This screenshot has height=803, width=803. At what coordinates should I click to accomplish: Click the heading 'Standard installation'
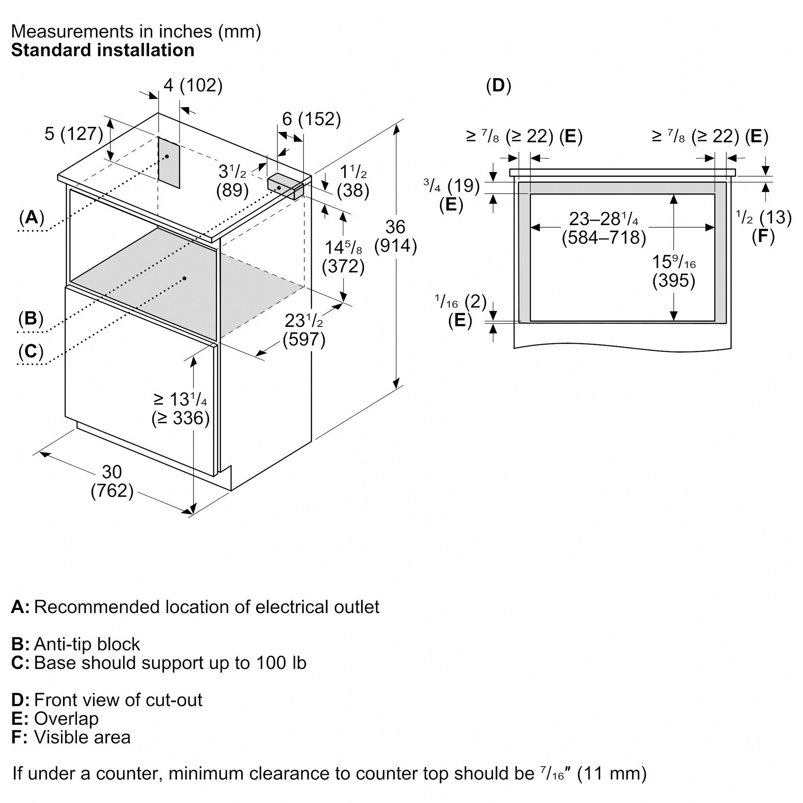[x=103, y=50]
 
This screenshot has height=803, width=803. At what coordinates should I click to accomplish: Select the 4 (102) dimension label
[x=193, y=85]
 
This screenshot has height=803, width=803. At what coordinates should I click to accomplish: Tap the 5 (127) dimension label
[x=73, y=134]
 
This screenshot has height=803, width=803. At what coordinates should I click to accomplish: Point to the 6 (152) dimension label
[x=311, y=119]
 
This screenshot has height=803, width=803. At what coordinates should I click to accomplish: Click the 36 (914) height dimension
[x=395, y=236]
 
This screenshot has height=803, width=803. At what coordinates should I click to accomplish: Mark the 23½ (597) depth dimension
[x=304, y=330]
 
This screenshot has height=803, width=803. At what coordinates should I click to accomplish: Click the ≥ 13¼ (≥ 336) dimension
[x=180, y=409]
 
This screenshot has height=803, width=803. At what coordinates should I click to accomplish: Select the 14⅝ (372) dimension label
[x=343, y=257]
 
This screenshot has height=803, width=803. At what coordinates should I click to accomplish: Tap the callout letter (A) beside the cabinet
[x=32, y=217]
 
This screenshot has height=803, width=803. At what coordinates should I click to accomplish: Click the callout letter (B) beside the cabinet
[x=31, y=318]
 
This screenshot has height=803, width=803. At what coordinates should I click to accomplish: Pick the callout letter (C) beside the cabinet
[x=31, y=352]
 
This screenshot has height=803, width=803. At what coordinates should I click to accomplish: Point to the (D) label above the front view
[x=498, y=86]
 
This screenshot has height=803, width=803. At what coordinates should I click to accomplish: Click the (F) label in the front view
[x=764, y=236]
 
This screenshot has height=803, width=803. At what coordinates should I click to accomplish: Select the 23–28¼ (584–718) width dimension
[x=604, y=228]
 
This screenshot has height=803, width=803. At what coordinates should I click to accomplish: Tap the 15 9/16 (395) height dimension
[x=674, y=271]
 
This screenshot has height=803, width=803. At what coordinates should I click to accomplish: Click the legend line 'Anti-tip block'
[x=75, y=644]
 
